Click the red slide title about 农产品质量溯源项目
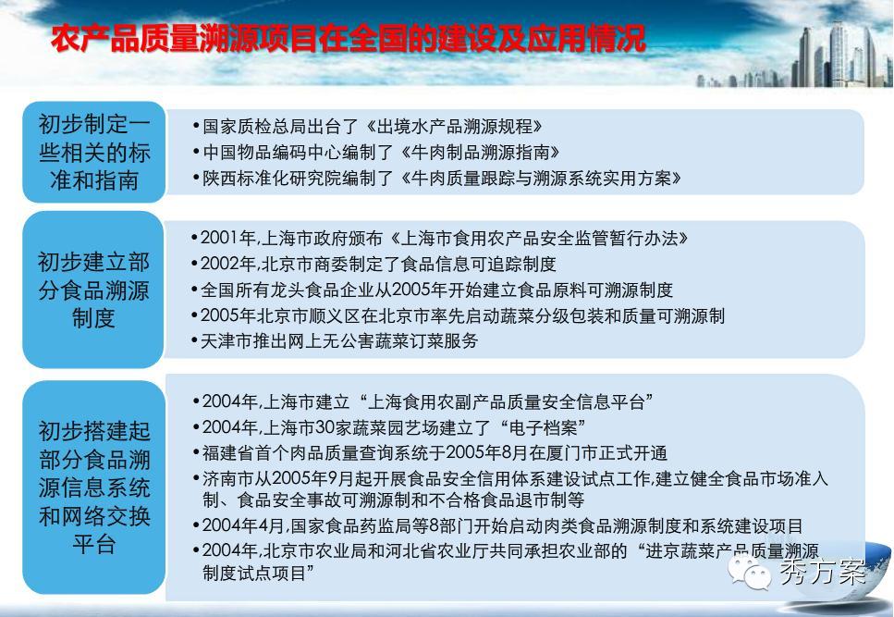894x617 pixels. coord(349,38)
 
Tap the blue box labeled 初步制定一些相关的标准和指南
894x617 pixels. coord(94,152)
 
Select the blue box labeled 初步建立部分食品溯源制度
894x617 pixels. coord(93,290)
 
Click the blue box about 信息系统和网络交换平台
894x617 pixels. coord(94,487)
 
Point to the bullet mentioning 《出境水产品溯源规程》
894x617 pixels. coord(368,126)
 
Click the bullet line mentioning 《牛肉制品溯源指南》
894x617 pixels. coord(376,152)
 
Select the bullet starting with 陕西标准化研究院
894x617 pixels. coord(437,178)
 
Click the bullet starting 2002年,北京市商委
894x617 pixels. coord(374,264)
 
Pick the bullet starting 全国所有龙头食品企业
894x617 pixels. coord(432,290)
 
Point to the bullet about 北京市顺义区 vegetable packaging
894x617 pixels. coord(458,315)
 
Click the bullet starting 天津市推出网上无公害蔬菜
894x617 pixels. coord(335,341)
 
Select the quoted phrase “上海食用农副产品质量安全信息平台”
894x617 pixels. coord(507,401)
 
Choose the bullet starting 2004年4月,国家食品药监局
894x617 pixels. coord(497,525)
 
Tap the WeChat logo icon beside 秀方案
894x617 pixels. coord(748,571)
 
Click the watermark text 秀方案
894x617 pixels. coord(822,572)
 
